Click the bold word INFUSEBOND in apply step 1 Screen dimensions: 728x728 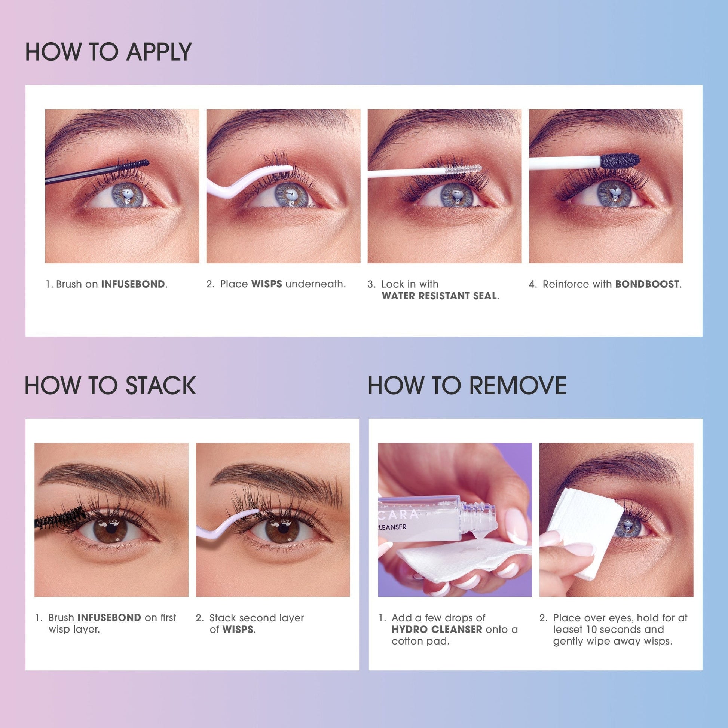click(x=133, y=284)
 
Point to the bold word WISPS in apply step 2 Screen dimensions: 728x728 click(x=267, y=284)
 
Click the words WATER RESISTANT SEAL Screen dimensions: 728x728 click(x=439, y=296)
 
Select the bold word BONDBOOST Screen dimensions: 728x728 click(x=647, y=284)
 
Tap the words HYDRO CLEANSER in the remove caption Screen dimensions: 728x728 click(x=437, y=630)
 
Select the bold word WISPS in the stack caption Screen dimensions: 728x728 click(x=238, y=630)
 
